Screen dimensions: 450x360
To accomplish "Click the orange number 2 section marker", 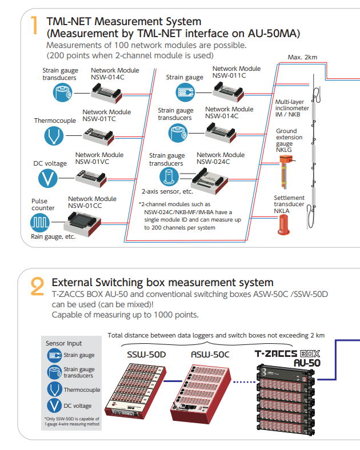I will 37,286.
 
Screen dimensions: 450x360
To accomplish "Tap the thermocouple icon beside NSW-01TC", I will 55,135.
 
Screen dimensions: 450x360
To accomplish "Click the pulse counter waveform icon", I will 43,222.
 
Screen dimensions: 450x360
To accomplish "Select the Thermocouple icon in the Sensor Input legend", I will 55,389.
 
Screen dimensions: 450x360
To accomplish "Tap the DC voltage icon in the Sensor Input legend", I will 55,406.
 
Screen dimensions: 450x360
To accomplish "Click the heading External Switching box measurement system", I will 162,283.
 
